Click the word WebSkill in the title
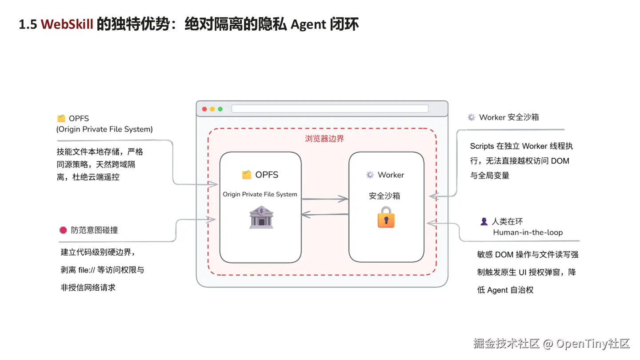(67, 24)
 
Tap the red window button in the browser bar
(204, 109)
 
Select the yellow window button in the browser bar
(212, 109)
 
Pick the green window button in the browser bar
(220, 109)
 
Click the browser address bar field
(330, 109)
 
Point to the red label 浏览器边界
(324, 139)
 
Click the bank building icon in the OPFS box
(261, 217)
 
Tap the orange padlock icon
(386, 217)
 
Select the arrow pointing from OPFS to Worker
(325, 199)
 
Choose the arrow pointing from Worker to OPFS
(325, 214)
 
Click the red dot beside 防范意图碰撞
(63, 230)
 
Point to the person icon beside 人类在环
(484, 221)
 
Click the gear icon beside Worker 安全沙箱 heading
(472, 117)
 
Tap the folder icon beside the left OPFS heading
(61, 118)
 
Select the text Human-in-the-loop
(528, 232)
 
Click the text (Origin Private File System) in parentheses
(104, 129)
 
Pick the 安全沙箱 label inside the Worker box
(384, 196)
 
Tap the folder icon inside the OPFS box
(247, 175)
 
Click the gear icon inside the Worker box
(370, 175)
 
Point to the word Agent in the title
(308, 24)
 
